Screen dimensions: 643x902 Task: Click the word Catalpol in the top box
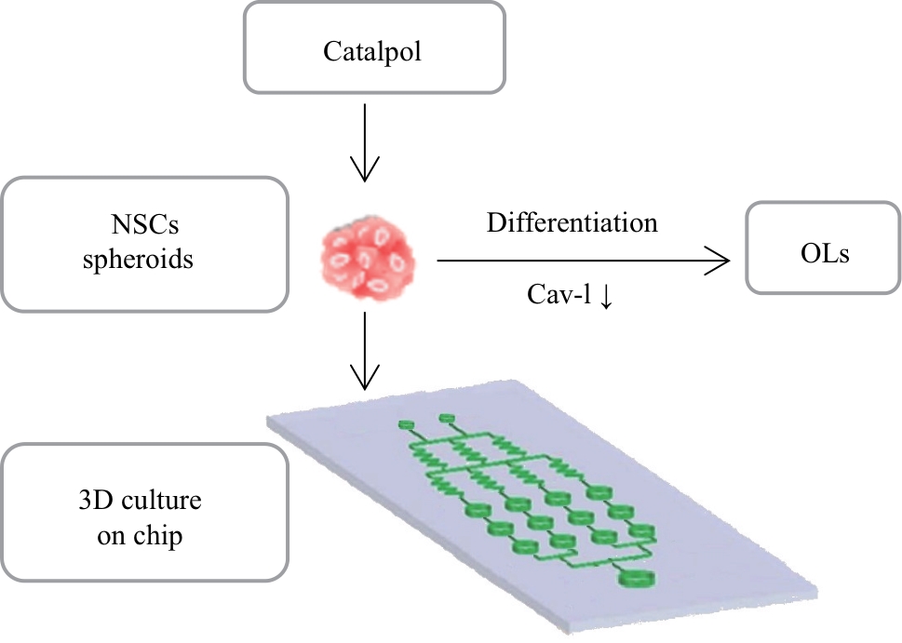[372, 51]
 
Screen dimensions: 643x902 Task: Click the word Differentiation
[572, 223]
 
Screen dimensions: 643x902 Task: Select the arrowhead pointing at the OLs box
[717, 261]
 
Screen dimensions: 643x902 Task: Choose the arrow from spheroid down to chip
[364, 350]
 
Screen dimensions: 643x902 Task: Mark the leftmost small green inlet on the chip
[405, 424]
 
